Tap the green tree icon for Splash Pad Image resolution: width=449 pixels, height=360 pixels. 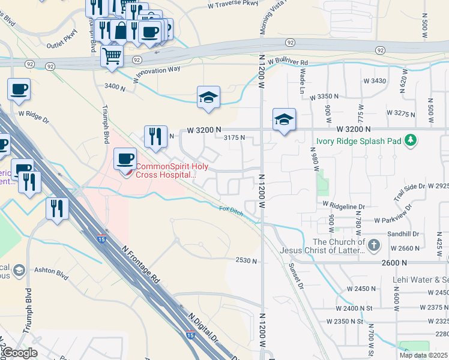tap(411, 140)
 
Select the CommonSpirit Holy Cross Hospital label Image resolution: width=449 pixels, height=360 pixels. tap(166, 171)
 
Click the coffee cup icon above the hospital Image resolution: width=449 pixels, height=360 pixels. tap(125, 158)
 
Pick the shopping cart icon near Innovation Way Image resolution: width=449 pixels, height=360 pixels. tap(112, 56)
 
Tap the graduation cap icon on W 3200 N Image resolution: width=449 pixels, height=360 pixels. tap(284, 119)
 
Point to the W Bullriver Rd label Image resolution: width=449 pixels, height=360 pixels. tap(288, 62)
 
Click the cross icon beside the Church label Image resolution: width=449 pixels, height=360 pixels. tap(373, 245)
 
